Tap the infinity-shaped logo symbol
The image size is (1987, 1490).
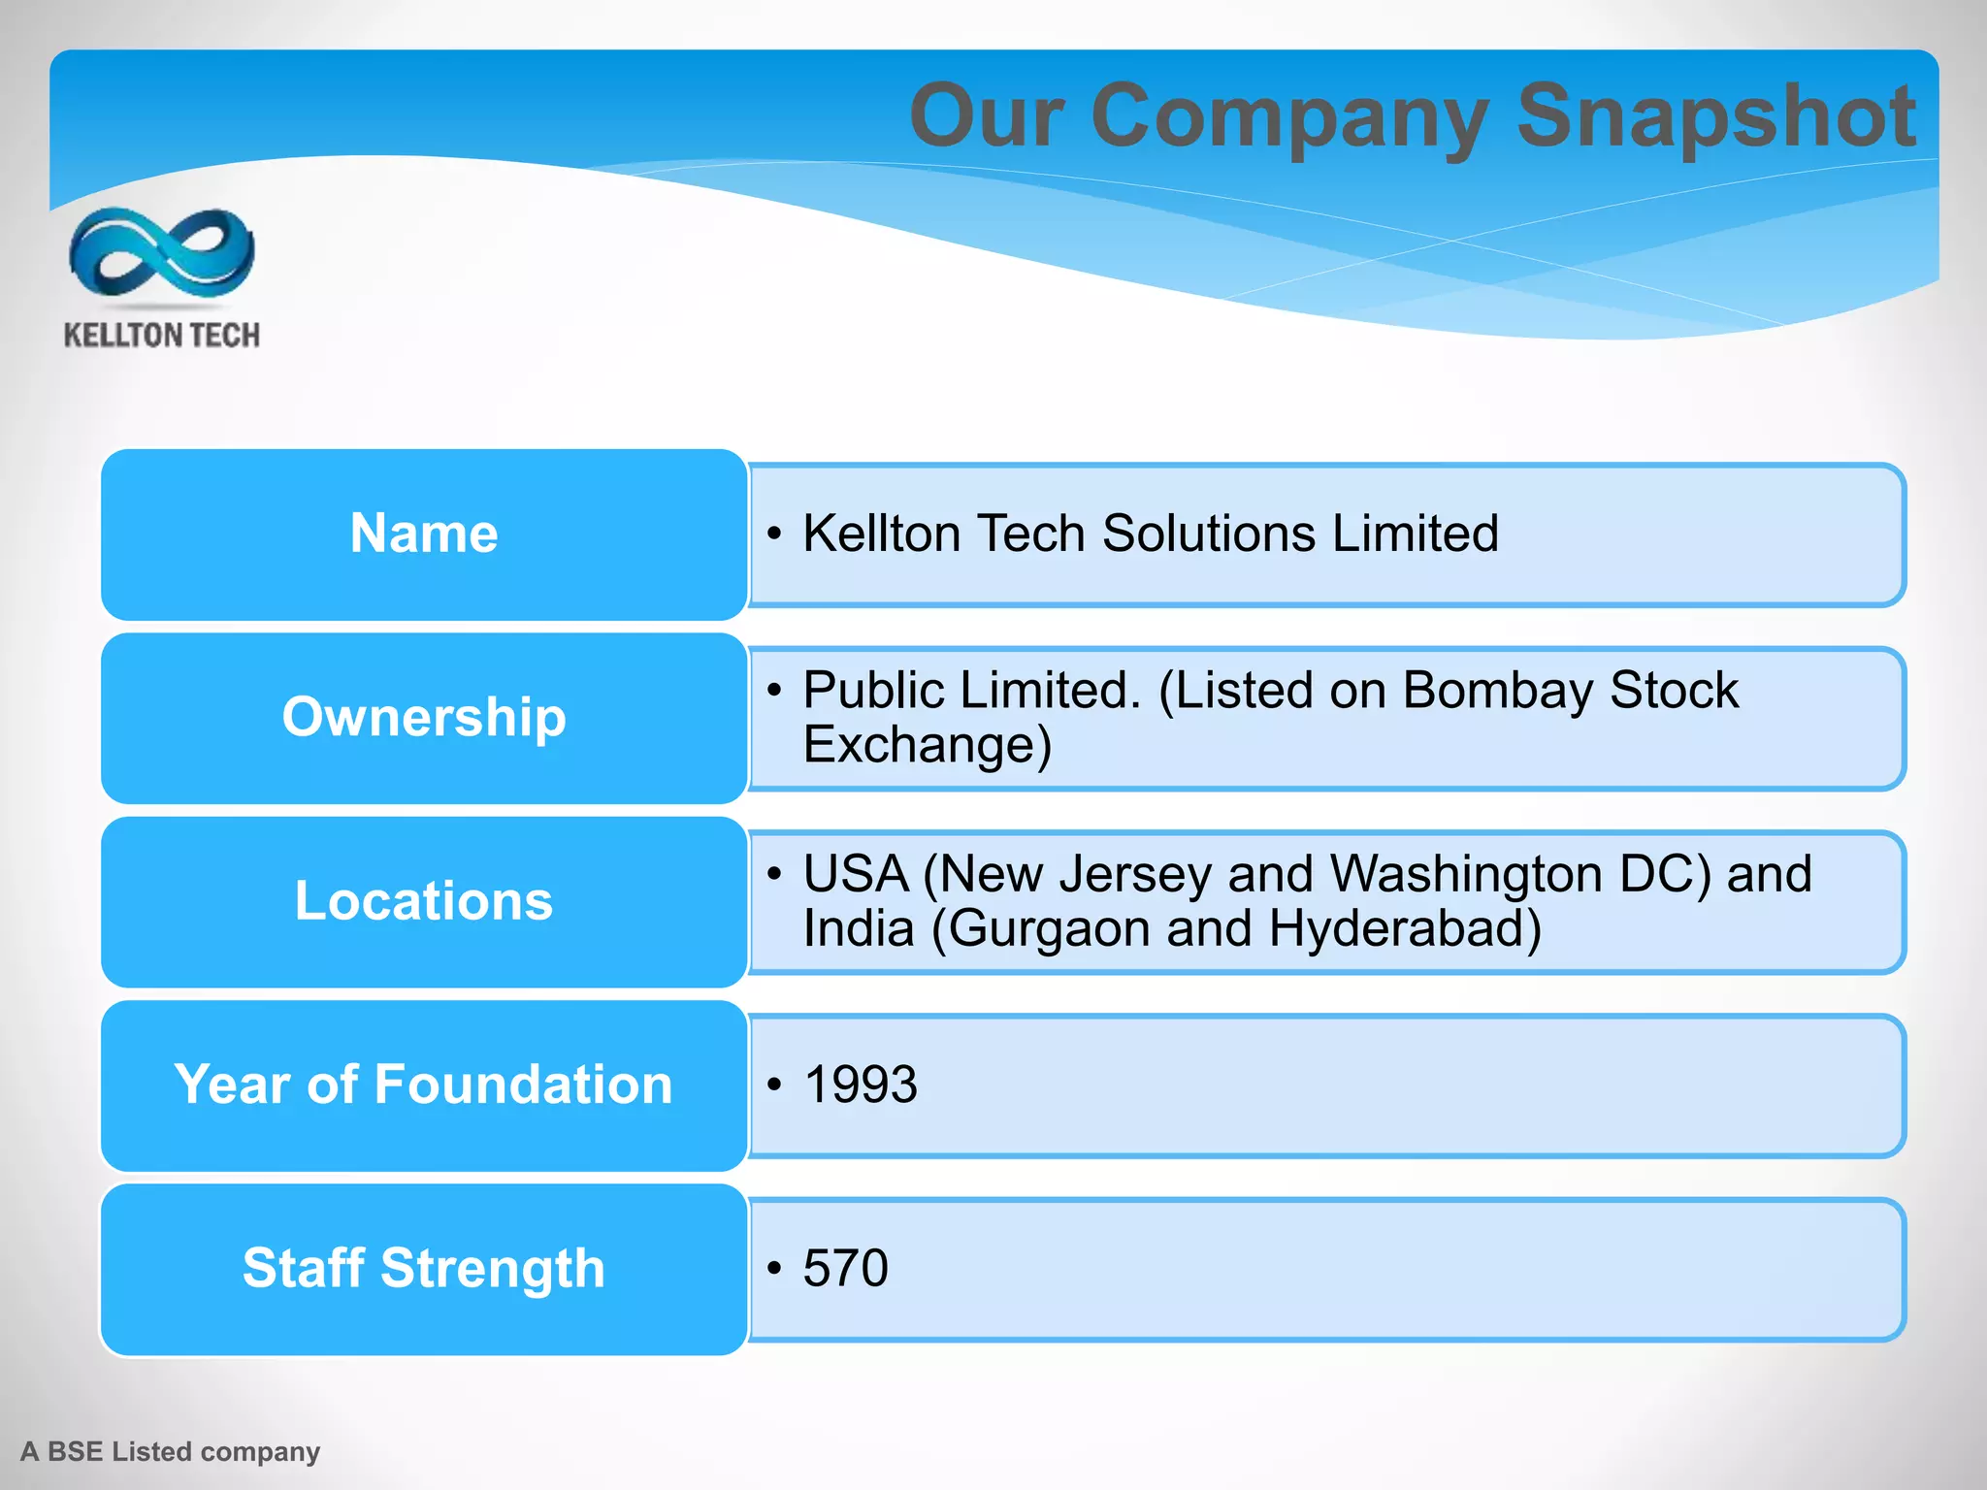[x=162, y=252]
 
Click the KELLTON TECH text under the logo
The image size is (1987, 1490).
[x=162, y=336]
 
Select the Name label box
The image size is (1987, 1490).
[x=424, y=534]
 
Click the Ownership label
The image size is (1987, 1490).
[x=424, y=718]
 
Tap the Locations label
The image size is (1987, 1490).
[x=424, y=901]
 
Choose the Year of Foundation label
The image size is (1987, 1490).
[x=424, y=1085]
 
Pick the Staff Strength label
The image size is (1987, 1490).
[x=424, y=1269]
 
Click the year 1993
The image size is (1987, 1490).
[x=861, y=1085]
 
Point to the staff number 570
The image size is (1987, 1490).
[x=845, y=1269]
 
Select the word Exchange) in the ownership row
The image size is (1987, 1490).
[x=927, y=745]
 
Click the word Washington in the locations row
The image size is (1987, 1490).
[x=1465, y=874]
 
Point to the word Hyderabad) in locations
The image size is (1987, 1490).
[x=1405, y=928]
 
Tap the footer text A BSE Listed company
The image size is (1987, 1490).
[x=171, y=1452]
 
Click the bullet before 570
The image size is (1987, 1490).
[x=773, y=1269]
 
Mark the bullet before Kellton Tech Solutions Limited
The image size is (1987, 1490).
[x=773, y=534]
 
